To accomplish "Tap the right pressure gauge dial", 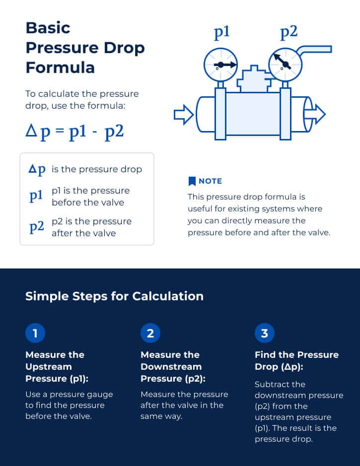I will pyautogui.click(x=284, y=65).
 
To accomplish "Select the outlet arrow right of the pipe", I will pyautogui.click(x=317, y=114).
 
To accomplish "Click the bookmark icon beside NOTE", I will pyautogui.click(x=192, y=181).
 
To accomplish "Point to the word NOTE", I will pyautogui.click(x=210, y=181).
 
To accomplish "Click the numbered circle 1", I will pyautogui.click(x=35, y=333).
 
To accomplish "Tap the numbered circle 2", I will pyautogui.click(x=150, y=333).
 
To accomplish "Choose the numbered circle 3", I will pyautogui.click(x=264, y=333).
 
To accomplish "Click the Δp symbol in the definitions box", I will pyautogui.click(x=37, y=169).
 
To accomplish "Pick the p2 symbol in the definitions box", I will pyautogui.click(x=36, y=227).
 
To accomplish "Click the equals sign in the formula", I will pyautogui.click(x=60, y=132).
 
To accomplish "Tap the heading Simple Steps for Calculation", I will pyautogui.click(x=114, y=296).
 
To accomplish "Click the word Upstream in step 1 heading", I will pyautogui.click(x=49, y=367).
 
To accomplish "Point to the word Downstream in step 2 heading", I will pyautogui.click(x=171, y=367).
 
